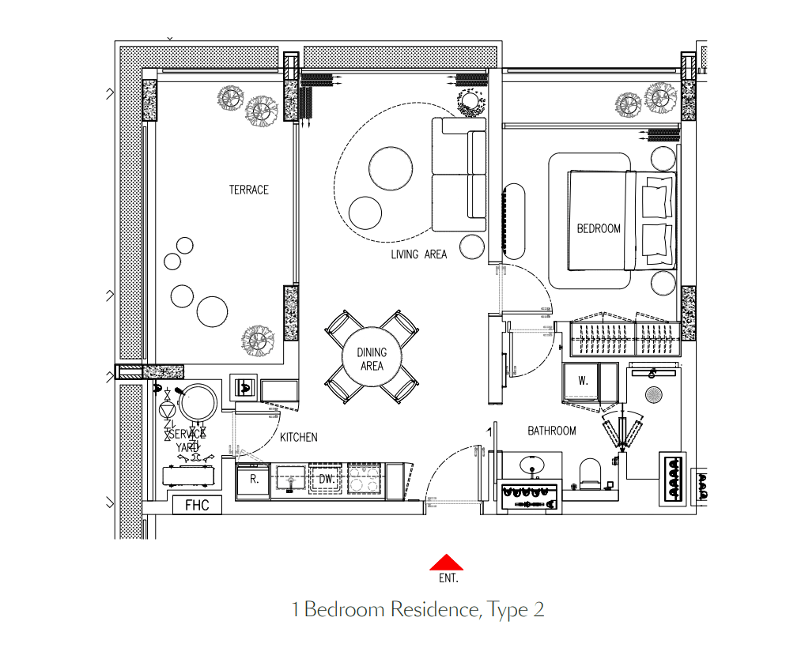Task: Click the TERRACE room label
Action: (249, 190)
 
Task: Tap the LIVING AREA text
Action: (419, 254)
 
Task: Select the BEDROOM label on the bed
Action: (599, 228)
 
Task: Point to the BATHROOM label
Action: (552, 431)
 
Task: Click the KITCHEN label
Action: (299, 438)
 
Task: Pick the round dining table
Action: (372, 357)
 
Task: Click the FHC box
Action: (197, 505)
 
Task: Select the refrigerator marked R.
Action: (253, 480)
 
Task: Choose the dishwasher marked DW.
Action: (326, 480)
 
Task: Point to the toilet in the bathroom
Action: (591, 473)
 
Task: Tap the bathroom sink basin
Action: (531, 465)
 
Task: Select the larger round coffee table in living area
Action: (391, 168)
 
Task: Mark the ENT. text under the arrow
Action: (448, 578)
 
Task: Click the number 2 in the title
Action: (538, 609)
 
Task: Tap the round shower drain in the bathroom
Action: (654, 394)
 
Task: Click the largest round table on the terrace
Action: (212, 311)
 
